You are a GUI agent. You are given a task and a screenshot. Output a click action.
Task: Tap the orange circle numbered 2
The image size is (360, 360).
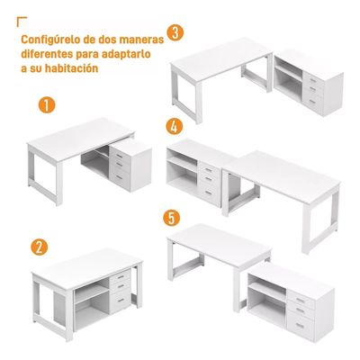coord(40,245)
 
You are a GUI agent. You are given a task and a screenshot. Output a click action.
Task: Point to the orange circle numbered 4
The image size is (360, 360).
coord(175,125)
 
